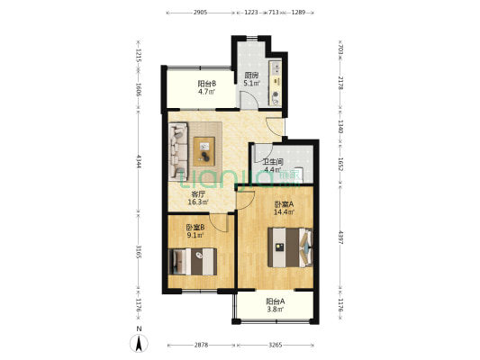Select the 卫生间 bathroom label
coord(273,161)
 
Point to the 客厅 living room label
coord(198,193)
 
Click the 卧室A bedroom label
coord(284,203)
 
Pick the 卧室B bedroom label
coord(195,228)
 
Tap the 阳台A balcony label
coord(276,301)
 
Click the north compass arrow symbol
coord(139,343)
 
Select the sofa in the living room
coord(177,151)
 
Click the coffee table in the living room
coord(204,151)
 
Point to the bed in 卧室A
coord(290,247)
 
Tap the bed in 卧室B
coord(193,262)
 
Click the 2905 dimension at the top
coord(201,13)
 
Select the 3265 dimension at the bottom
coord(276,345)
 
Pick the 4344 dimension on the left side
coord(139,161)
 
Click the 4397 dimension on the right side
coord(340,237)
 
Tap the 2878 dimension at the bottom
coord(201,345)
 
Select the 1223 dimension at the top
coord(251,13)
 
